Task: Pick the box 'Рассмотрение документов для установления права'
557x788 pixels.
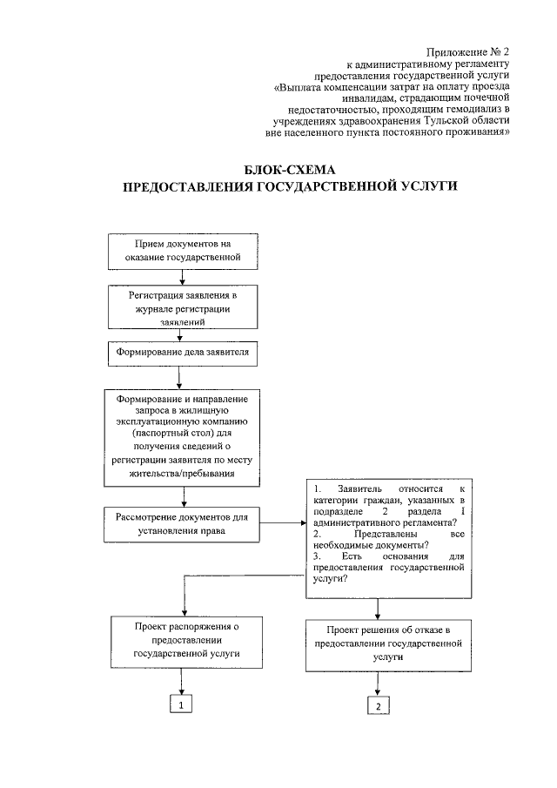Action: [181, 523]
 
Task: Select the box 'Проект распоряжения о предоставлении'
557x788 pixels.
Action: [181, 641]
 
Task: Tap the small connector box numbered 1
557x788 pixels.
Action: [180, 704]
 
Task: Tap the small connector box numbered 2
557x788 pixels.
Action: [378, 706]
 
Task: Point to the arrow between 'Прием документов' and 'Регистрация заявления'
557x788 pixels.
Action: [181, 279]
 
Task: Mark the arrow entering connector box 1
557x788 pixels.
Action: [181, 682]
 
